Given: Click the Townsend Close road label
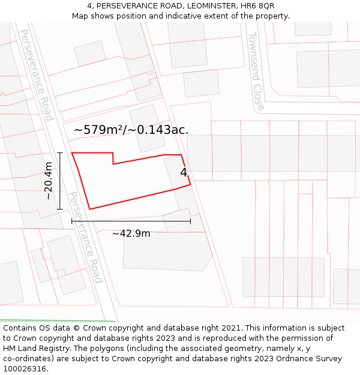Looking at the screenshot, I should [256, 72].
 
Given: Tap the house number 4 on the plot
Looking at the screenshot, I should [184, 172].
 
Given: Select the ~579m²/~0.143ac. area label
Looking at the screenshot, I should [131, 130].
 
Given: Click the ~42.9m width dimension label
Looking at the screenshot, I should [131, 233].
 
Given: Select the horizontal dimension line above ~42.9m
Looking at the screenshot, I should [131, 221].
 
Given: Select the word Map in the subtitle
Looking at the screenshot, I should [80, 16].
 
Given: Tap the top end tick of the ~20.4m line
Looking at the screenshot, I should [60, 153].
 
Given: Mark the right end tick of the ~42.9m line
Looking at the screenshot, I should [190, 221].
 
